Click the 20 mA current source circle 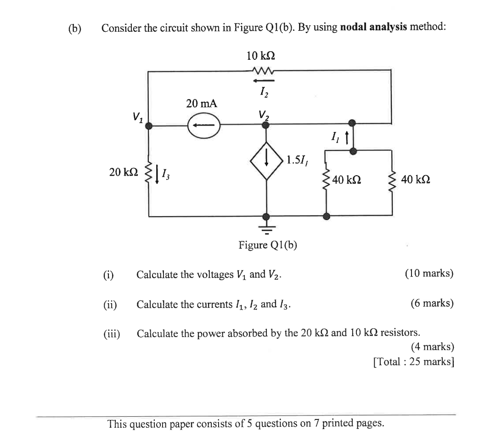(203, 125)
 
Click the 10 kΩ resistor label (260, 56)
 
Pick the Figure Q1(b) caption (267, 245)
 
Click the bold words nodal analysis (373, 27)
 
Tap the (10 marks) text (429, 274)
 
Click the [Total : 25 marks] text (413, 361)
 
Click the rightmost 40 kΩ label (415, 179)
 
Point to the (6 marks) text (432, 303)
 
